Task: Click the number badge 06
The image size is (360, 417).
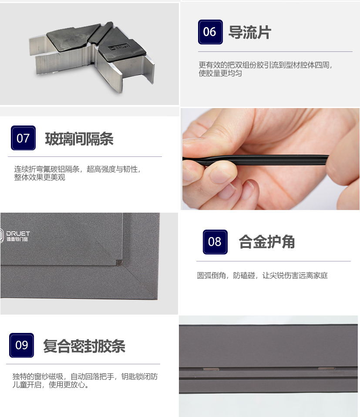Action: (x=210, y=32)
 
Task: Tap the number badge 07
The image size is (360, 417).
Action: (x=23, y=138)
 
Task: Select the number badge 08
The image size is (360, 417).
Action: (x=215, y=242)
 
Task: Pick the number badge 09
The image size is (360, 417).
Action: (x=21, y=345)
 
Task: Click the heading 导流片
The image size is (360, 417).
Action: (x=250, y=32)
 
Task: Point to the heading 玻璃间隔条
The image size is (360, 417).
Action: (x=79, y=139)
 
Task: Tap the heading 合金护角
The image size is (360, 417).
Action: (x=267, y=242)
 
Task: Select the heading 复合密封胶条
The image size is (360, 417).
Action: (x=84, y=346)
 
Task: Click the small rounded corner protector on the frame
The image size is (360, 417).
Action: (x=119, y=263)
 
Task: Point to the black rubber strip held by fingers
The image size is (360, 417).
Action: (x=255, y=159)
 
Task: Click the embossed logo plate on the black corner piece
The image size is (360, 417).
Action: (x=119, y=47)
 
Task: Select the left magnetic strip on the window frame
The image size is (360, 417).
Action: (x=211, y=369)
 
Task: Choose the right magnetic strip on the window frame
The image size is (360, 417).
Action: (x=326, y=369)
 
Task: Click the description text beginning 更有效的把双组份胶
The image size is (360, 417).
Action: (x=266, y=69)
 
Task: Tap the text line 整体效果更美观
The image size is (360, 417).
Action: (x=40, y=177)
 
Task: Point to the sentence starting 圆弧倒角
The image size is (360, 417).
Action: (x=262, y=275)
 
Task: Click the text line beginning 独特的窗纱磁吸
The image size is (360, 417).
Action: (x=85, y=376)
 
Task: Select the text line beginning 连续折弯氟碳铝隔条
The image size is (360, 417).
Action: (x=77, y=169)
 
